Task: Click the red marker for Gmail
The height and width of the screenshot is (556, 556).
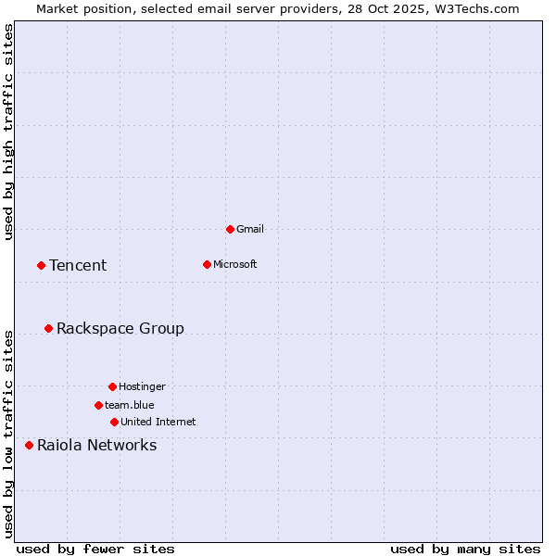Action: [230, 229]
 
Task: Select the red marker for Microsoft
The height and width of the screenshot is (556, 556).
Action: [207, 264]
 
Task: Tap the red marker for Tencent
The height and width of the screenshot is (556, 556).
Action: [41, 265]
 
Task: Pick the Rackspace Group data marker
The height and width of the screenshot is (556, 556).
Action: [48, 328]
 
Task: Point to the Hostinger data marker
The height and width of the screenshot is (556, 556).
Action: [112, 386]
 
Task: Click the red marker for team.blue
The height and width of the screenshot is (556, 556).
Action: [98, 405]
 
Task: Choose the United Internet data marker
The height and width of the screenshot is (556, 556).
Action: [114, 422]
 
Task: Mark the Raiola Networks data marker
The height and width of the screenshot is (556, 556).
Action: [29, 445]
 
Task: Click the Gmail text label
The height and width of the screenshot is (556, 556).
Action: [250, 229]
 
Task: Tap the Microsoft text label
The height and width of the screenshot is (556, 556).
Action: [235, 264]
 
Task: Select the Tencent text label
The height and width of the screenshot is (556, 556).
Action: [78, 266]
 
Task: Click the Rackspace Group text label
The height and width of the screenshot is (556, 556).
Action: [120, 329]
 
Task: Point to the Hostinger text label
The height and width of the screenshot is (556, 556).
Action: [142, 386]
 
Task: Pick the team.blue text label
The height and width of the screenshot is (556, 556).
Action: [130, 405]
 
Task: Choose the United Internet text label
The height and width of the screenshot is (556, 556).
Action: [158, 422]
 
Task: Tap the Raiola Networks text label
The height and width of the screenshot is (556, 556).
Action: [96, 446]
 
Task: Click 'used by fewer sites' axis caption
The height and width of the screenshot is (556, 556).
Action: [95, 549]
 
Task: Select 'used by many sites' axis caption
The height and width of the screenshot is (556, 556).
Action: [465, 549]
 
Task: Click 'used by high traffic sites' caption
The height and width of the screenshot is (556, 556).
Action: [9, 132]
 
